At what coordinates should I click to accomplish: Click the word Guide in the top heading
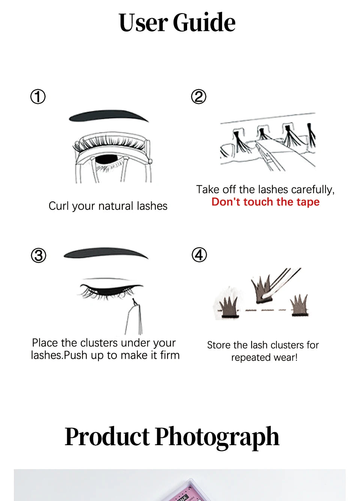(x=204, y=22)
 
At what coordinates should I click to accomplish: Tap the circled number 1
(x=38, y=97)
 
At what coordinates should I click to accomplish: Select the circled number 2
(x=199, y=97)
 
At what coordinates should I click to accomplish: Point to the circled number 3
(x=38, y=256)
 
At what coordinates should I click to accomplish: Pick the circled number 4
(x=199, y=255)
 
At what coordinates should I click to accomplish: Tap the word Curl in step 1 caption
(x=59, y=206)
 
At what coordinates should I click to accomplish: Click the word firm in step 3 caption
(x=170, y=355)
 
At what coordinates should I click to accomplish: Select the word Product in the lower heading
(x=107, y=437)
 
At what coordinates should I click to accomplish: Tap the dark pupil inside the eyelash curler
(x=107, y=159)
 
